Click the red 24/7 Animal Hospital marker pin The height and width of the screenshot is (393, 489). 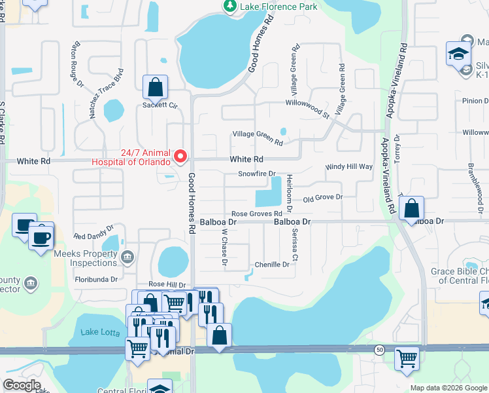click(x=180, y=157)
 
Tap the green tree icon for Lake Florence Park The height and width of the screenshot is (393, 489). click(x=229, y=7)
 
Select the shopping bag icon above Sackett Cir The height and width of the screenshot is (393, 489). click(x=155, y=86)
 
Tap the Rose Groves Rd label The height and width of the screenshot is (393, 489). click(x=256, y=214)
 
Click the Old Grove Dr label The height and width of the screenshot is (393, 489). click(x=322, y=197)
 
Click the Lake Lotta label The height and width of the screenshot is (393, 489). click(x=99, y=332)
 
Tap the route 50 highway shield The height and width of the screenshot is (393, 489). click(x=380, y=351)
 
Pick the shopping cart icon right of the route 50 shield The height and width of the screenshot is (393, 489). click(x=407, y=358)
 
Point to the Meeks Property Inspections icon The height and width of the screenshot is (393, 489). click(x=127, y=256)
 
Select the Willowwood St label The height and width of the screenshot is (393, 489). click(x=307, y=103)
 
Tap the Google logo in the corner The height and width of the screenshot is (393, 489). click(x=22, y=384)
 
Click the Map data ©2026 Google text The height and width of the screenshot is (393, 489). click(x=448, y=388)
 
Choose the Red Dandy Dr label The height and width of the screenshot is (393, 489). click(x=93, y=236)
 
